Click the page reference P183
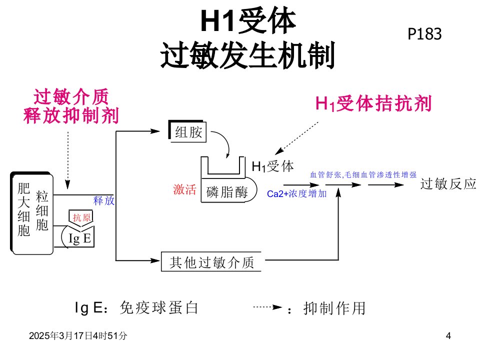tap(424, 34)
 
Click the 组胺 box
tap(187, 131)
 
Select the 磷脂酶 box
tap(228, 191)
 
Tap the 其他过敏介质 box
tap(211, 261)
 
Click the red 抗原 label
tap(81, 217)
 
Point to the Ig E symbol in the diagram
tap(79, 238)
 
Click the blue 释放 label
tap(104, 201)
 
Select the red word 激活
tap(184, 189)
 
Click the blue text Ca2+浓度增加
tap(296, 193)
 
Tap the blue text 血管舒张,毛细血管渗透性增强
tap(363, 175)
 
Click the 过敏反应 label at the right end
tap(448, 184)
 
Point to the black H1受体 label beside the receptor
tap(272, 166)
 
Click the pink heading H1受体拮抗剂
tap(373, 103)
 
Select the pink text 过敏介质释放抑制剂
tap(71, 106)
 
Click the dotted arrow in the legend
tap(267, 307)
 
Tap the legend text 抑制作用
tap(334, 308)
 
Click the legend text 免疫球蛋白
tap(159, 307)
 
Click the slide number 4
tap(448, 336)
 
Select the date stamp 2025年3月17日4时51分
tap(78, 336)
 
